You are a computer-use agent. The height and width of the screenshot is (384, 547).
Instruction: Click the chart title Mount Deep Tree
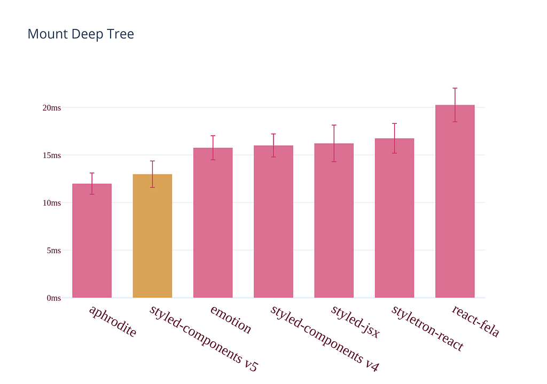pyautogui.click(x=81, y=34)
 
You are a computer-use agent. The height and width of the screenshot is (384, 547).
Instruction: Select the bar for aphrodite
pyautogui.click(x=92, y=240)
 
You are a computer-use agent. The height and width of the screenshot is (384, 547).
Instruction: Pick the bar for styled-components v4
pyautogui.click(x=273, y=222)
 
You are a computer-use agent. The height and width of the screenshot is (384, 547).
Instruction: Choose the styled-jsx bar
pyautogui.click(x=334, y=221)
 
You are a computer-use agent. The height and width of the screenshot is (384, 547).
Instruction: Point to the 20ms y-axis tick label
pyautogui.click(x=52, y=108)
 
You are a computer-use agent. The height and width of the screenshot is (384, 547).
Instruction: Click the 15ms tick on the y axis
pyautogui.click(x=52, y=155)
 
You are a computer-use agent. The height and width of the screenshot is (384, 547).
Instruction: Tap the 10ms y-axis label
pyautogui.click(x=52, y=203)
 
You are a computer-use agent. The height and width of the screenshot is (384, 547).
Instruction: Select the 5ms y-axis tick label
pyautogui.click(x=54, y=250)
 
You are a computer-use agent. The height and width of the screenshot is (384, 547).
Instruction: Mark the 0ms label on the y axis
pyautogui.click(x=54, y=298)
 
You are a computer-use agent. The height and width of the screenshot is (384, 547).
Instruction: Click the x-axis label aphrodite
pyautogui.click(x=113, y=321)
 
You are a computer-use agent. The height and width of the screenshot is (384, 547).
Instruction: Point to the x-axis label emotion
pyautogui.click(x=231, y=319)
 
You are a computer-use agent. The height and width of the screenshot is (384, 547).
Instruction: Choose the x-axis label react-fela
pyautogui.click(x=475, y=321)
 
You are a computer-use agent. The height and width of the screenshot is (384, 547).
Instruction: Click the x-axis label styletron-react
pyautogui.click(x=427, y=328)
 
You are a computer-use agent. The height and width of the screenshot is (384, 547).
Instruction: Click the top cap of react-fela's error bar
pyautogui.click(x=455, y=88)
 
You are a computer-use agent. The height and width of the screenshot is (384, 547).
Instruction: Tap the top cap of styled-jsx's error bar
pyautogui.click(x=334, y=125)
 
